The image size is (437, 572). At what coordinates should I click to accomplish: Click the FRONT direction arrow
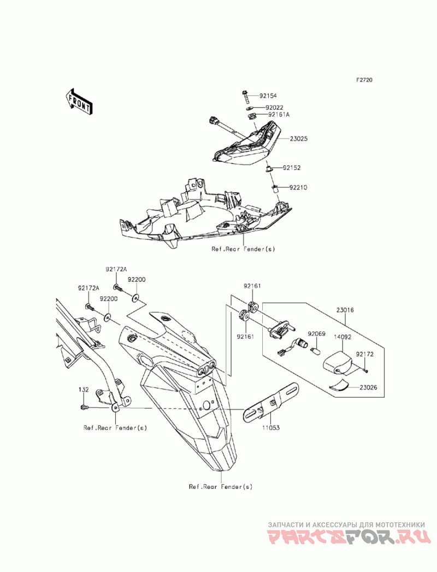78,102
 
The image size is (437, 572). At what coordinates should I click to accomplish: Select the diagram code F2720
364,80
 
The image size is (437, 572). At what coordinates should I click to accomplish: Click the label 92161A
277,115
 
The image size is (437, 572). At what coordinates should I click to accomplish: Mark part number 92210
298,187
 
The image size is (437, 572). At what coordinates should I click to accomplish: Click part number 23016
345,310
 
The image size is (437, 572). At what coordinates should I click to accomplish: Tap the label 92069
316,333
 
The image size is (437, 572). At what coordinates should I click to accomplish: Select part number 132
83,390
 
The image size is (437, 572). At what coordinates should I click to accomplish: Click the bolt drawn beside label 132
84,408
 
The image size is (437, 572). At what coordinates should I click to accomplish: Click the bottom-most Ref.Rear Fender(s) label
221,486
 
